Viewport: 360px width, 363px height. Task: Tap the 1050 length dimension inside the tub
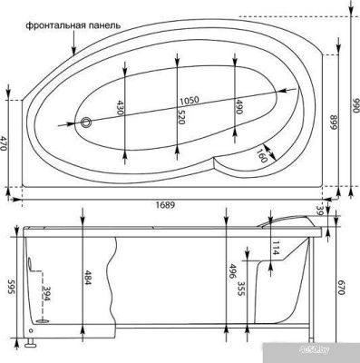(x=188, y=100)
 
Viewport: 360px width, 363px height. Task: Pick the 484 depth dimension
(x=87, y=275)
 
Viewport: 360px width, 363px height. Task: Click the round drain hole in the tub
(x=87, y=122)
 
